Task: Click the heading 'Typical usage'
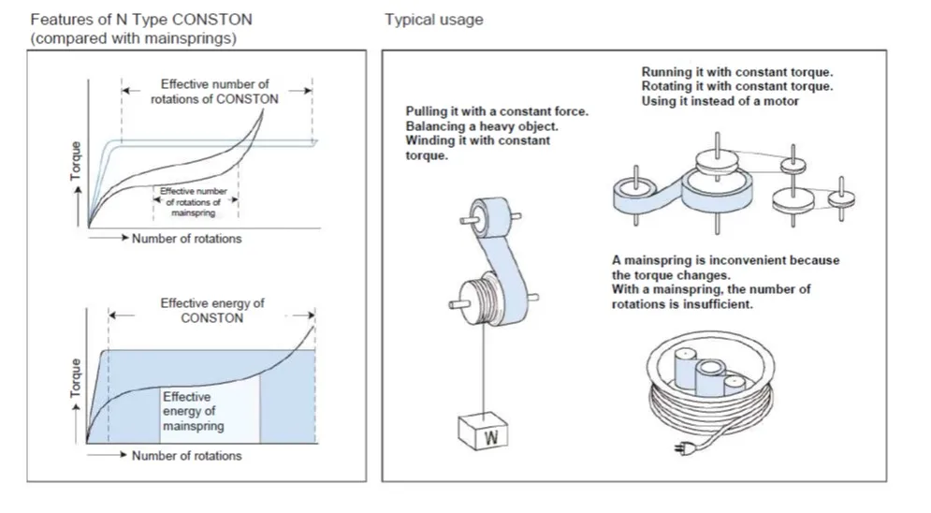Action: tap(433, 20)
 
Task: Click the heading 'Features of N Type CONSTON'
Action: tap(141, 20)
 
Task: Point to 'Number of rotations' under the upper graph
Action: tap(186, 239)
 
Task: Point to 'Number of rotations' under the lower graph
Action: tap(186, 456)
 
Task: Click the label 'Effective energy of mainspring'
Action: tap(194, 412)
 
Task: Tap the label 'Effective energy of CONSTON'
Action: tap(212, 311)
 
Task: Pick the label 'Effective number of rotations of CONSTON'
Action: tap(214, 92)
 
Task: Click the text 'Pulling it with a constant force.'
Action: tap(497, 111)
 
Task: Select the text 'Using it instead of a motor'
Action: tap(720, 101)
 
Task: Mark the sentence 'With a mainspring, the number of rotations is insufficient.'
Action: tap(710, 298)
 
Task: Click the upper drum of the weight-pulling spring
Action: tap(490, 215)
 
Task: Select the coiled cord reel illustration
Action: tap(708, 393)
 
